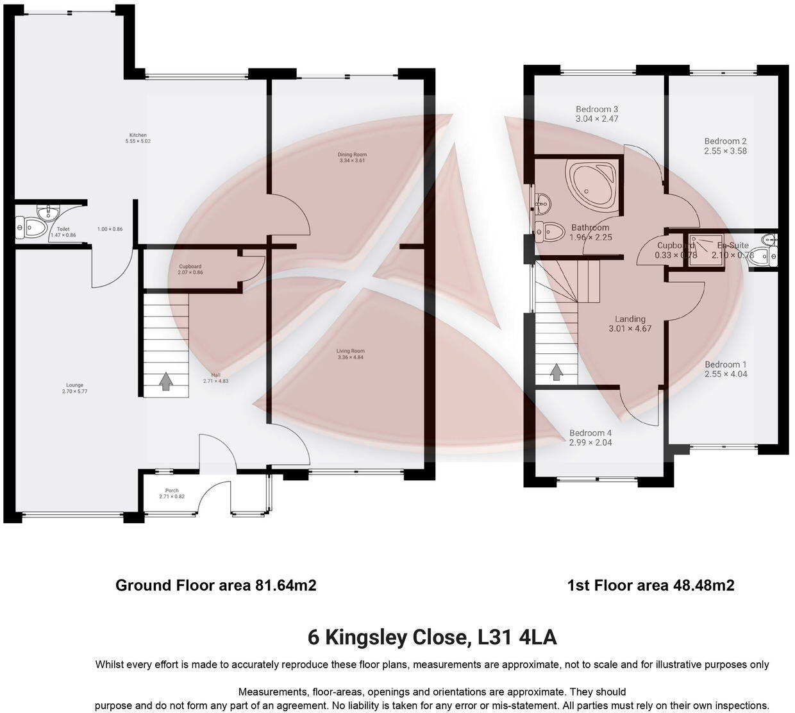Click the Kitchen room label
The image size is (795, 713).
(x=138, y=135)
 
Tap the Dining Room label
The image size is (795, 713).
(x=353, y=155)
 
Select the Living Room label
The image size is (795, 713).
(x=351, y=351)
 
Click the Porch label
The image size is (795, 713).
(x=172, y=491)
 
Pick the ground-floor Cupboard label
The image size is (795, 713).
(x=190, y=267)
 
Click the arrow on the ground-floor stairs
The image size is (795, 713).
(x=165, y=381)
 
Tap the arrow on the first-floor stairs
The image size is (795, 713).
(x=556, y=371)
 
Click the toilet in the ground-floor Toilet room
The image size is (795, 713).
(x=32, y=228)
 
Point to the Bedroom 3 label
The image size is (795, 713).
(x=597, y=109)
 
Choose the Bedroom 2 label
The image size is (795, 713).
(x=725, y=141)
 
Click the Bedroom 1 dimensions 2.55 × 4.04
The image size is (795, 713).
(x=726, y=374)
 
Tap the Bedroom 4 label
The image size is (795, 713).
(x=590, y=433)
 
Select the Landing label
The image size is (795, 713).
(x=630, y=319)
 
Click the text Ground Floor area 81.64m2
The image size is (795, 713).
(x=216, y=585)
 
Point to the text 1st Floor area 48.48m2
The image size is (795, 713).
(x=651, y=585)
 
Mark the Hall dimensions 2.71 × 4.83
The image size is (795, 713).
(x=215, y=381)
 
